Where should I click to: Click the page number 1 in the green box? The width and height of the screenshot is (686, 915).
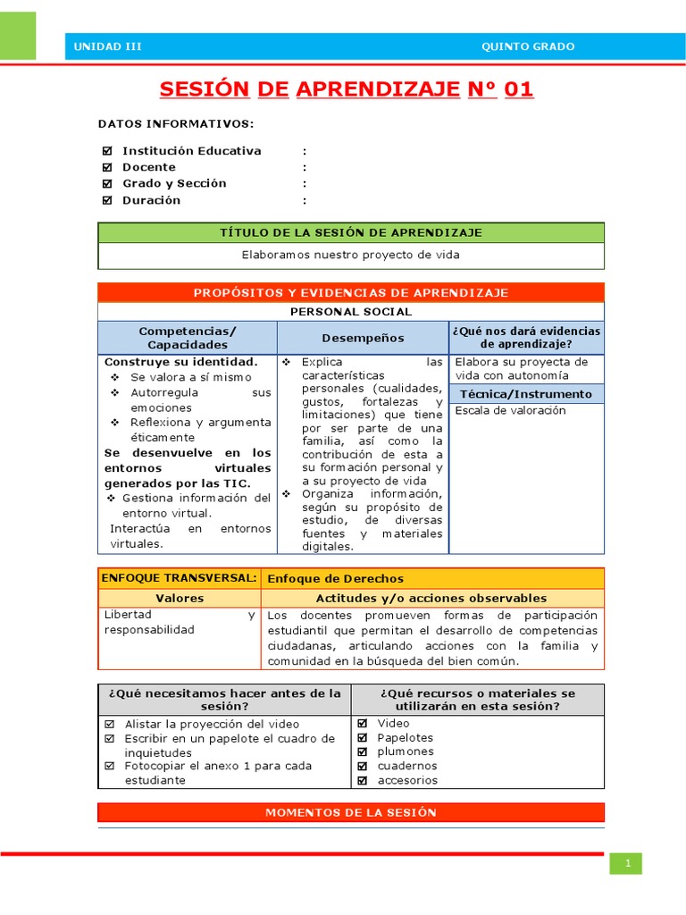pyautogui.click(x=627, y=863)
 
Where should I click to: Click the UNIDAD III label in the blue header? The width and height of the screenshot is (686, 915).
pyautogui.click(x=107, y=46)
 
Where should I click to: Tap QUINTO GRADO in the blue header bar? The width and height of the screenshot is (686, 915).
pyautogui.click(x=528, y=46)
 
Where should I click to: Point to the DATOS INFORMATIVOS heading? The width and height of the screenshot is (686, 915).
pyautogui.click(x=176, y=123)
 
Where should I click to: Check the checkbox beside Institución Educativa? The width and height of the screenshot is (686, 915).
pyautogui.click(x=107, y=151)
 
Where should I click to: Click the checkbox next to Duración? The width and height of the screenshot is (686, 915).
pyautogui.click(x=107, y=200)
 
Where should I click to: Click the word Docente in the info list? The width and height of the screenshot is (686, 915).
pyautogui.click(x=149, y=167)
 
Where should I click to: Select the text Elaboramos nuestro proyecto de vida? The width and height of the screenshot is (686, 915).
pyautogui.click(x=350, y=255)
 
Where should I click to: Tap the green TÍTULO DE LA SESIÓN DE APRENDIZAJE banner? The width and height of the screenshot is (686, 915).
pyautogui.click(x=350, y=232)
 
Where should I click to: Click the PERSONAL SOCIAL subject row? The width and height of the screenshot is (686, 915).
pyautogui.click(x=350, y=312)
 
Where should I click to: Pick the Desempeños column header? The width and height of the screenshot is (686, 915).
pyautogui.click(x=363, y=338)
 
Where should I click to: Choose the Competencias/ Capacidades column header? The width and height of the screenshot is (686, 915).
pyautogui.click(x=188, y=338)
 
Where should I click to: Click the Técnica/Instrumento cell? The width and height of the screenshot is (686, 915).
pyautogui.click(x=526, y=394)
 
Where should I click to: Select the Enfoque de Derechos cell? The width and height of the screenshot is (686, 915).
pyautogui.click(x=336, y=579)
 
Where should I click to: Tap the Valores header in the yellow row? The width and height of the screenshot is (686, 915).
pyautogui.click(x=180, y=599)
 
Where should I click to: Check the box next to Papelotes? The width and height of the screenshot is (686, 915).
pyautogui.click(x=363, y=738)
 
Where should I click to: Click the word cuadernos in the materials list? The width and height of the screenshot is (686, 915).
pyautogui.click(x=406, y=766)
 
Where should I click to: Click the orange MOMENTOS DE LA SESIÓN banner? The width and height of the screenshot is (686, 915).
pyautogui.click(x=350, y=812)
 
